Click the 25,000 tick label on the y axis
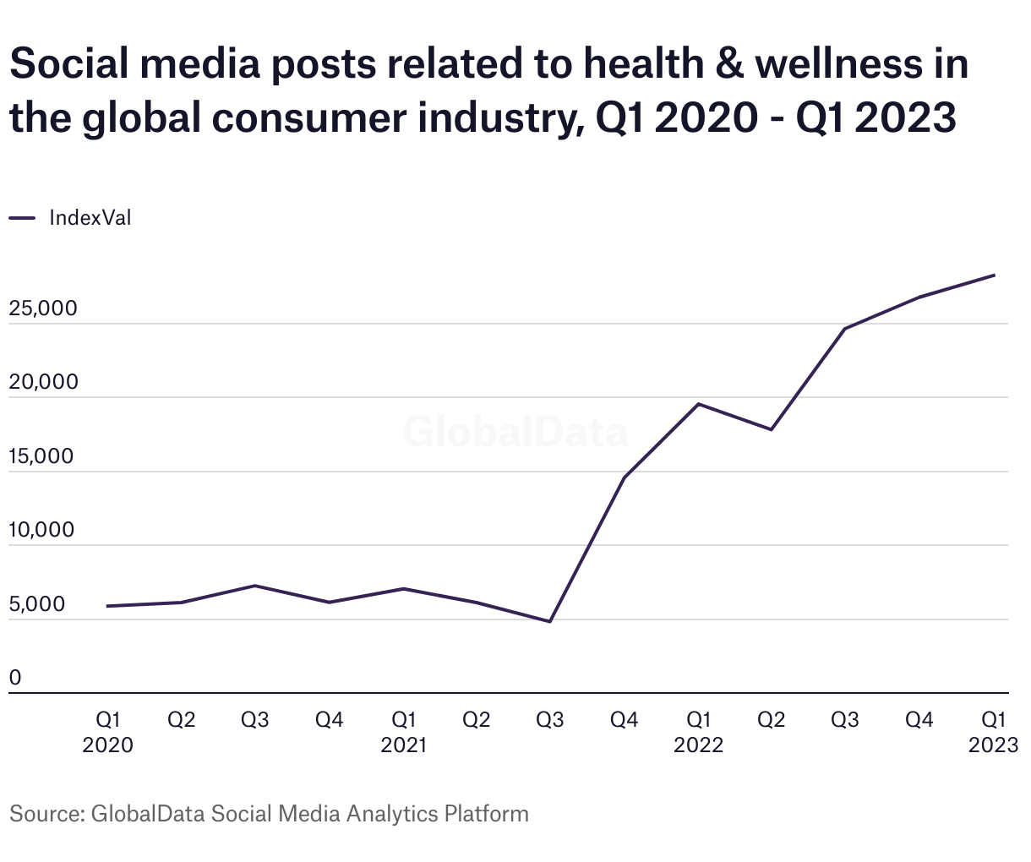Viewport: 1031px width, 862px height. [x=43, y=309]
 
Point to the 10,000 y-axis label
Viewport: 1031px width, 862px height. [x=41, y=531]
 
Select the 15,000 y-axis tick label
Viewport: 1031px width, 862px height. [x=41, y=457]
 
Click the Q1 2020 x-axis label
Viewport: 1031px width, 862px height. [x=108, y=732]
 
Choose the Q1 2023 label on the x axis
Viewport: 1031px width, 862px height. [x=993, y=732]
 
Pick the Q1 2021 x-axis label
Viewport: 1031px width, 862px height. [x=403, y=732]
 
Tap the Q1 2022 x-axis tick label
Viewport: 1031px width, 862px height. [x=698, y=732]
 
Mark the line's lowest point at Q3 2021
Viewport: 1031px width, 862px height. [x=550, y=621]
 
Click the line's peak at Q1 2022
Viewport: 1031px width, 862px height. [x=698, y=404]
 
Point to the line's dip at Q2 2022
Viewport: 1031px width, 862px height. [x=771, y=429]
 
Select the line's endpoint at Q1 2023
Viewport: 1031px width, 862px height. [x=994, y=276]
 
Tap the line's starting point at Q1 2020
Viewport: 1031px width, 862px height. [x=107, y=606]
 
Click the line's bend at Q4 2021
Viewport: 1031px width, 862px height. [x=624, y=478]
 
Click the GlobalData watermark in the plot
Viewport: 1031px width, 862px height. [x=515, y=432]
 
